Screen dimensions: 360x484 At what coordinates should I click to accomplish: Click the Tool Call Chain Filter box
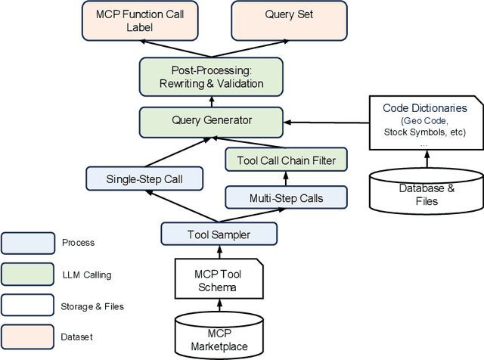click(285, 160)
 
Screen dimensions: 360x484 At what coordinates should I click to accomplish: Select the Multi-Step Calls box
click(285, 198)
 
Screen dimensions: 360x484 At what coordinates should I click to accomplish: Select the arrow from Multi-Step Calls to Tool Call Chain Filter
click(285, 179)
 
